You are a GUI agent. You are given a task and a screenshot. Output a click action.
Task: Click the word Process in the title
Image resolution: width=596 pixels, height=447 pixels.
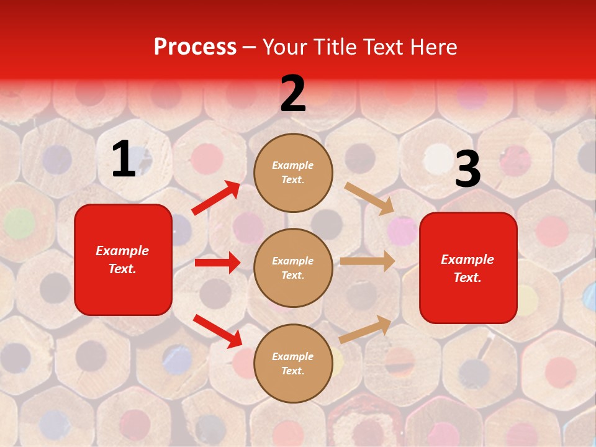pos(195,47)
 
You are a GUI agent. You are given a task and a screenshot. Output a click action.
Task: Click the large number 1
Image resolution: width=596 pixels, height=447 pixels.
pos(124,160)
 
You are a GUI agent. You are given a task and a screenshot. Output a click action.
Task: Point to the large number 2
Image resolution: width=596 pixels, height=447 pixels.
pos(293,94)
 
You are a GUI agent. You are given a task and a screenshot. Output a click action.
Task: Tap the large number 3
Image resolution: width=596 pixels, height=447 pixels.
pos(467,170)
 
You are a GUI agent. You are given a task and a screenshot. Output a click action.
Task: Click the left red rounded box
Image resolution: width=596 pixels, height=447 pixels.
pos(123,260)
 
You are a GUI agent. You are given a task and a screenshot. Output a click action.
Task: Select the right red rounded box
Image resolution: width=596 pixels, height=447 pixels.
pos(468,268)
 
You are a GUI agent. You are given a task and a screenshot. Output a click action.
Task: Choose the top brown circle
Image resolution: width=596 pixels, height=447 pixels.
pos(293,173)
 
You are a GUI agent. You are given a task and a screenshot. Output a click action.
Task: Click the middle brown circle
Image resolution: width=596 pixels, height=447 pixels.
pos(293,268)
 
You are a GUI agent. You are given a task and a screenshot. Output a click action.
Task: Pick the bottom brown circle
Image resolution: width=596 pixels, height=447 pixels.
pos(293,363)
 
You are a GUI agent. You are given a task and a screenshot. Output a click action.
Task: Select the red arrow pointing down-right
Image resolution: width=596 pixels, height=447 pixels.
pos(217,331)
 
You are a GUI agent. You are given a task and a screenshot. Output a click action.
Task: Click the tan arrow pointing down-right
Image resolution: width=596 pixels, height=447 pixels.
pos(369,198)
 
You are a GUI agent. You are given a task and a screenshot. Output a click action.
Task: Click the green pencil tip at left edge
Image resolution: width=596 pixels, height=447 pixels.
pos(19,222)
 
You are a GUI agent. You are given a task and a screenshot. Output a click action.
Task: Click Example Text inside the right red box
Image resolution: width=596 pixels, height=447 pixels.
pos(467,268)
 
